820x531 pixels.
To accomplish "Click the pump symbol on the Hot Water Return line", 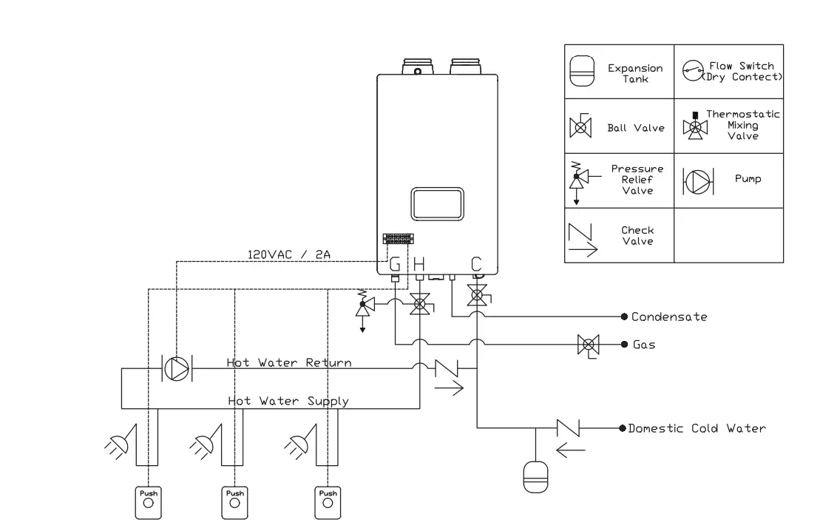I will (177, 368).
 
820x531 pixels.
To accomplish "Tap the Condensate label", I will (668, 317).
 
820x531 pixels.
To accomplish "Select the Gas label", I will (643, 345).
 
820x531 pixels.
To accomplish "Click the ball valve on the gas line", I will (589, 345).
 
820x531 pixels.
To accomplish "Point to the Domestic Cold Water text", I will (697, 428).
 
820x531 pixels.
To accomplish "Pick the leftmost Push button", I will (149, 501).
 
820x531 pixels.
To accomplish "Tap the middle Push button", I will (235, 501).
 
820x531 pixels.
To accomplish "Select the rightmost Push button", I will (328, 501).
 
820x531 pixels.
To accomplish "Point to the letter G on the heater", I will (396, 264).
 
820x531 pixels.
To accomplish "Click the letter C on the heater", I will (477, 263).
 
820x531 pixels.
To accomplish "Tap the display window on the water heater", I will (438, 203).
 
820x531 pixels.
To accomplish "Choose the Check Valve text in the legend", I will (637, 235).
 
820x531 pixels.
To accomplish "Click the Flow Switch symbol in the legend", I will (693, 72).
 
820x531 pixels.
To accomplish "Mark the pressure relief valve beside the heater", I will (363, 305).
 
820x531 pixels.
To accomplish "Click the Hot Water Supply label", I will (288, 401).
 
